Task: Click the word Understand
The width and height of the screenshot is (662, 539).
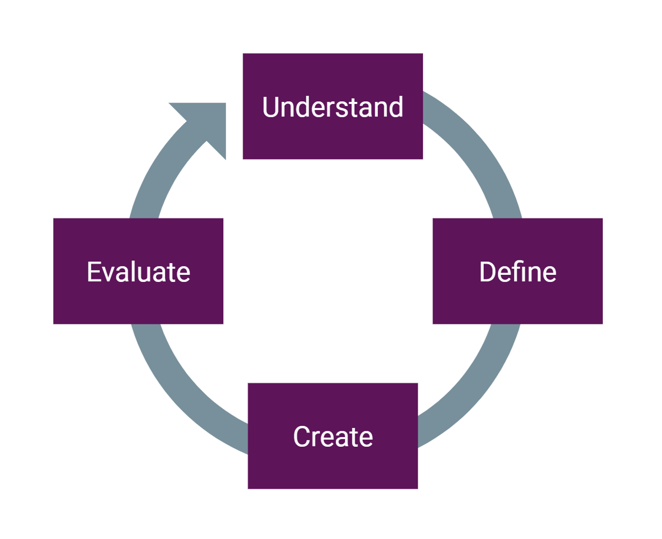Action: tap(333, 107)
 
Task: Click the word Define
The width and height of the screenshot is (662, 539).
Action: tap(517, 272)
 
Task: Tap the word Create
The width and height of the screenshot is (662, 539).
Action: tap(333, 437)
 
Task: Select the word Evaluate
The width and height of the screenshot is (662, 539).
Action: tap(138, 272)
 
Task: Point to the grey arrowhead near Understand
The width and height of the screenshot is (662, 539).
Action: tap(205, 124)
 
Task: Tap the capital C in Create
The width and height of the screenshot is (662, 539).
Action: tap(302, 437)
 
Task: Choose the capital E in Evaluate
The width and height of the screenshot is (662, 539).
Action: tap(94, 272)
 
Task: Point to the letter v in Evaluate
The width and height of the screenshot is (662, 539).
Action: tap(110, 273)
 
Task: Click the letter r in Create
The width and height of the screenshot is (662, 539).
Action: tap(317, 438)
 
